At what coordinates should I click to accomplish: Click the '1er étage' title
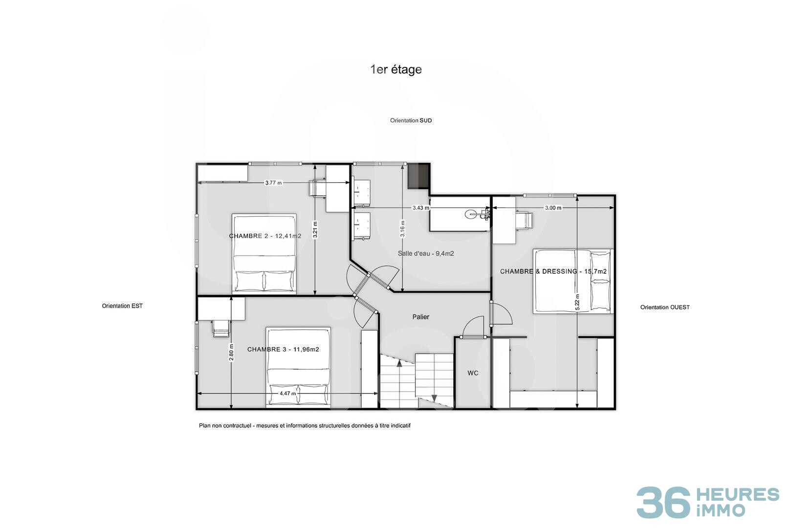(396, 70)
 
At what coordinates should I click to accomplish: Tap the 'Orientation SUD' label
(411, 121)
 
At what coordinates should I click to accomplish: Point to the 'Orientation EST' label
(122, 306)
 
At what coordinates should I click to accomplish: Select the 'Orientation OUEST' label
(665, 308)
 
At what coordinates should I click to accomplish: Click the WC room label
(473, 373)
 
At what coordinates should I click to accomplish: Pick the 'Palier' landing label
(421, 317)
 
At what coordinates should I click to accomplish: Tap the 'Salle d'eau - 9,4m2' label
(426, 254)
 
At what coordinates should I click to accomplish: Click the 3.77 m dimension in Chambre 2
(274, 183)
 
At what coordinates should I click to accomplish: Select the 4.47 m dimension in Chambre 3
(287, 393)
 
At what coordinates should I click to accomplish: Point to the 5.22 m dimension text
(577, 302)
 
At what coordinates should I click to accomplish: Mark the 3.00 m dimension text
(553, 208)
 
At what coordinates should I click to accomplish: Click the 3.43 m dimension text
(421, 208)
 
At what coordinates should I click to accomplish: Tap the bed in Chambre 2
(264, 253)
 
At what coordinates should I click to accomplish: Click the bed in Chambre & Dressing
(572, 281)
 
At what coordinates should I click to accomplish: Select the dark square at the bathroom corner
(418, 176)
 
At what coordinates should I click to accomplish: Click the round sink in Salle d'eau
(471, 214)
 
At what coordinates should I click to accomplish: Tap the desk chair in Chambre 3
(220, 329)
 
